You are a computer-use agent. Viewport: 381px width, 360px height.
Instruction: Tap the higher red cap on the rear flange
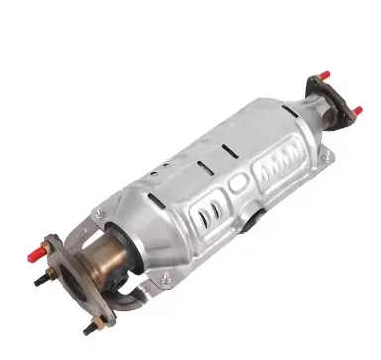pyautogui.click(x=323, y=73)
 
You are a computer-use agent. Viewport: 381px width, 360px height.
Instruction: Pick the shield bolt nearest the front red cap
pyautogui.click(x=97, y=215)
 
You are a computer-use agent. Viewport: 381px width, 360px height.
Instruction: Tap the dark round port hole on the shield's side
pyautogui.click(x=259, y=216)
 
